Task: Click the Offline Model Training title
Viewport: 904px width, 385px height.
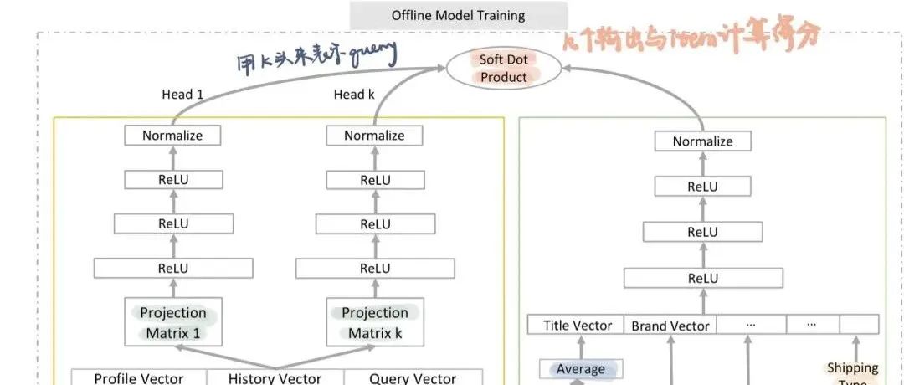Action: [x=458, y=15]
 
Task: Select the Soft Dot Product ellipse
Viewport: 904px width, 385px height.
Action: [x=503, y=69]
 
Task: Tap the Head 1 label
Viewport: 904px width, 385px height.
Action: [x=182, y=95]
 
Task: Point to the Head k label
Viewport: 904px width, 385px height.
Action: [x=354, y=95]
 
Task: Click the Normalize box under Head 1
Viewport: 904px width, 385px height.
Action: [x=172, y=136]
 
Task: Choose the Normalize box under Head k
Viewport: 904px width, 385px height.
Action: [x=374, y=136]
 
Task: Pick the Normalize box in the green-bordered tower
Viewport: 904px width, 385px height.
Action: [x=702, y=141]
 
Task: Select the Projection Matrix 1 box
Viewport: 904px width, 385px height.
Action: [x=173, y=323]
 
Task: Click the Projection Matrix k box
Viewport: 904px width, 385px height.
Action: [x=374, y=323]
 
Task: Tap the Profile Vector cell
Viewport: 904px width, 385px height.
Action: [x=138, y=378]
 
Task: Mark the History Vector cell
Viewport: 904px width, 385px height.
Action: [x=275, y=378]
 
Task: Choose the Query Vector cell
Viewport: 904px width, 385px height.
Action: [x=413, y=378]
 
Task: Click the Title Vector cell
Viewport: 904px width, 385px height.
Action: [x=578, y=326]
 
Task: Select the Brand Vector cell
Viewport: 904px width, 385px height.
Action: [x=670, y=326]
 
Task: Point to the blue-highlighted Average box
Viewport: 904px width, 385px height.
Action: [x=581, y=369]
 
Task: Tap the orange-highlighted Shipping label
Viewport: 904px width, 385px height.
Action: [x=852, y=368]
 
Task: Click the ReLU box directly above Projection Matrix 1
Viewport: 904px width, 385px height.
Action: [x=173, y=269]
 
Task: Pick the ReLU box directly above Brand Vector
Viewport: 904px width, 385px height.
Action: [x=702, y=278]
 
